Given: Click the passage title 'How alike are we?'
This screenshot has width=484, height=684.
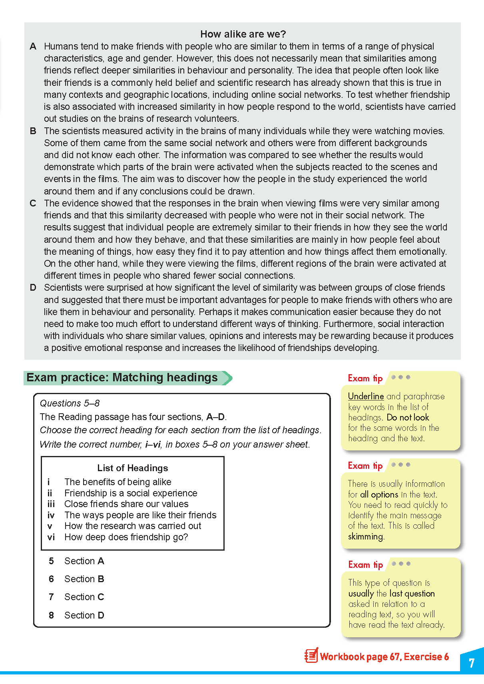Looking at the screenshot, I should click(x=243, y=34).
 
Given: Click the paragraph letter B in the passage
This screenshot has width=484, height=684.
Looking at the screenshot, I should click(x=33, y=131).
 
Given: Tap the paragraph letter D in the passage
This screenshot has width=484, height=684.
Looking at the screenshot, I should click(x=33, y=287).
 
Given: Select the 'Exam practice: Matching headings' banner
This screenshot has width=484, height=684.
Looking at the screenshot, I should click(x=122, y=378).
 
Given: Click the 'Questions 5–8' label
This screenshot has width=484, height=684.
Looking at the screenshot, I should click(x=70, y=403).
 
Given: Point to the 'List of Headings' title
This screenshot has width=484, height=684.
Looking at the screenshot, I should click(x=133, y=468).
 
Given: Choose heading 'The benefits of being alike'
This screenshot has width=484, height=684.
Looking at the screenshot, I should click(x=118, y=482).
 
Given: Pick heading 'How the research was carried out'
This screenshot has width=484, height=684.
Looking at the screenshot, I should click(x=133, y=526).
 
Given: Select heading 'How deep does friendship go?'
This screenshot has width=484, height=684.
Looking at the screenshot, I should click(x=126, y=537).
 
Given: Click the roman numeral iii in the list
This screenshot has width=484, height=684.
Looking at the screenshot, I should click(x=51, y=504).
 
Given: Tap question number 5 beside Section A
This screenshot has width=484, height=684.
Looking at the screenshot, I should click(x=51, y=561).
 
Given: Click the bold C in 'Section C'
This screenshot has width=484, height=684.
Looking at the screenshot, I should click(x=101, y=597).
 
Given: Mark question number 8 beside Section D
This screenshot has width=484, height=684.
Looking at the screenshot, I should click(x=51, y=615).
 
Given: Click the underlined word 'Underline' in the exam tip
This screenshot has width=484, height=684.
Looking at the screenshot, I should click(x=366, y=396).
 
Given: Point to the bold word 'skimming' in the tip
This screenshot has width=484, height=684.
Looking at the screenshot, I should click(x=365, y=536).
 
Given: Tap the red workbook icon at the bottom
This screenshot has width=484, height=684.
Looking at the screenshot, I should click(x=311, y=655).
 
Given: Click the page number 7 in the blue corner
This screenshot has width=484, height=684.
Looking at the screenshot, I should click(x=472, y=663).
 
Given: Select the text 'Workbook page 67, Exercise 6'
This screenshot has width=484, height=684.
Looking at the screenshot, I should click(x=384, y=657).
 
